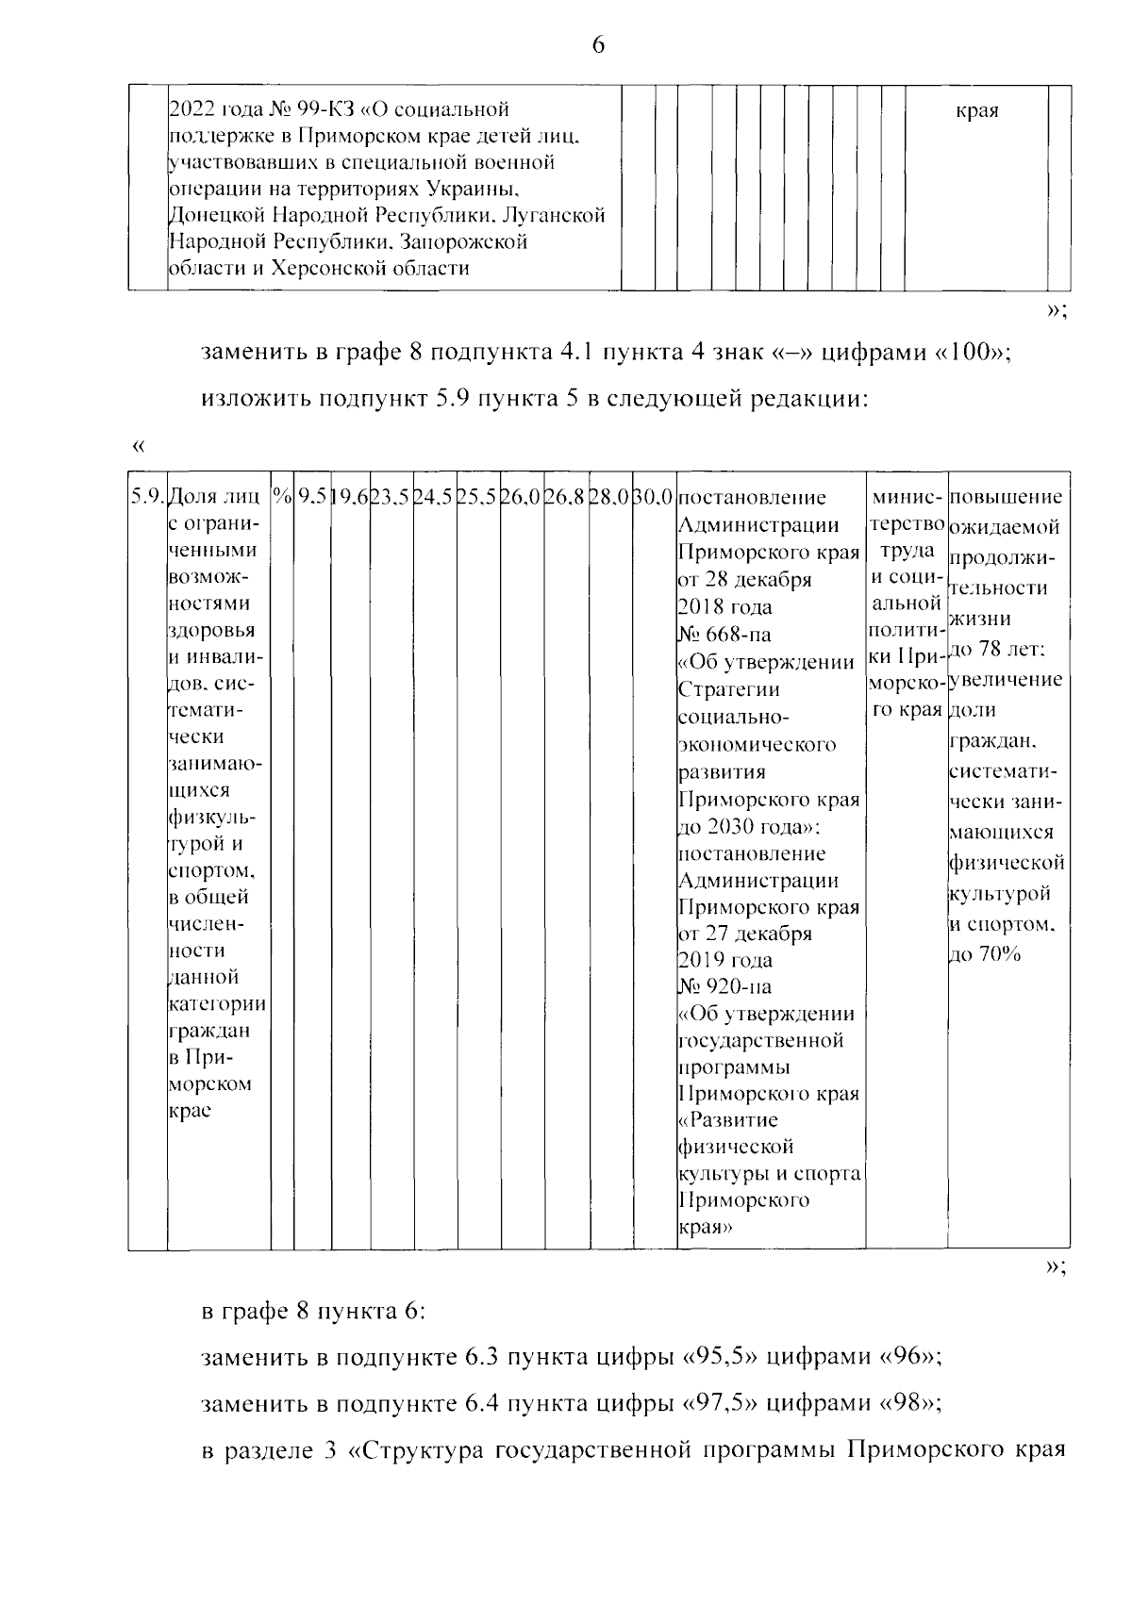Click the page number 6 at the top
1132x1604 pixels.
pyautogui.click(x=597, y=45)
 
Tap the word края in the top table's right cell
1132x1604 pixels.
pyautogui.click(x=976, y=111)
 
